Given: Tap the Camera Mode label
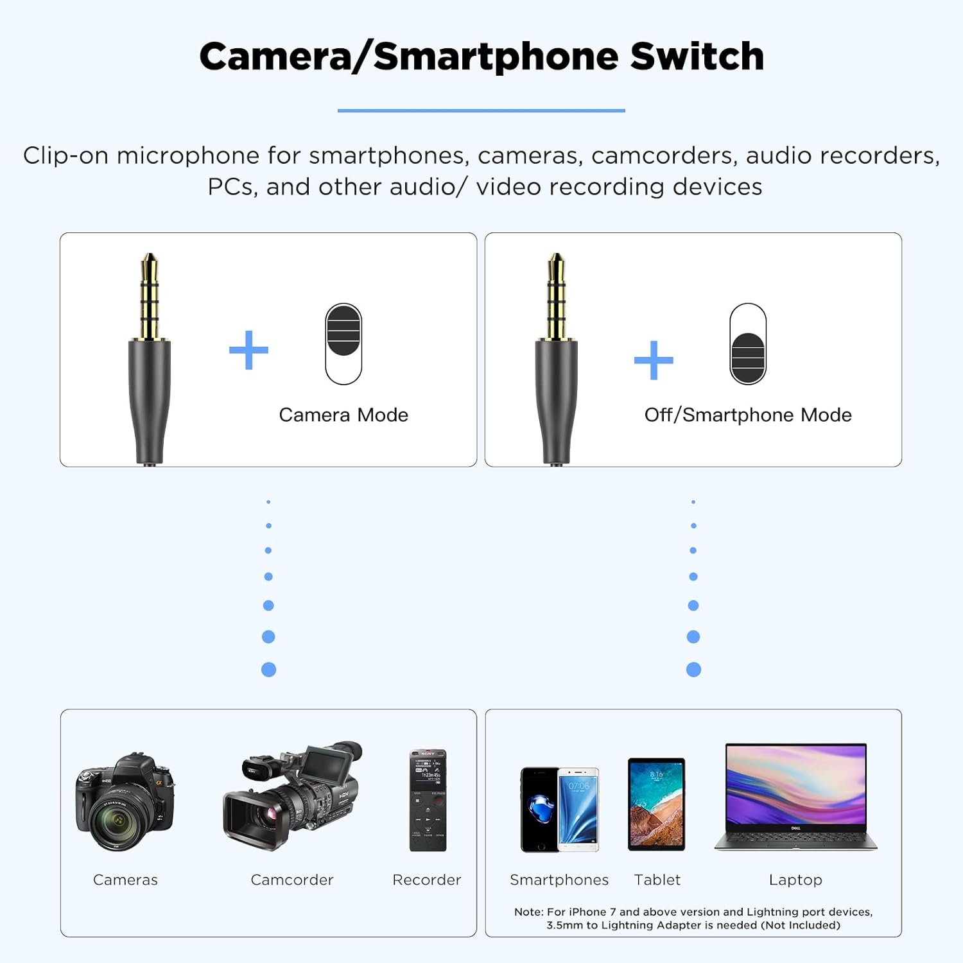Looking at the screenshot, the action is (x=343, y=415).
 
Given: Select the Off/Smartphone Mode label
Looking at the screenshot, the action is (x=748, y=415).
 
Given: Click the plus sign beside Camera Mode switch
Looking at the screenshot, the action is (x=248, y=350).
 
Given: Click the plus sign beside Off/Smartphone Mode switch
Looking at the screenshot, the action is (x=654, y=360).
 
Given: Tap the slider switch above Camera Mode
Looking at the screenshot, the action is (x=343, y=344).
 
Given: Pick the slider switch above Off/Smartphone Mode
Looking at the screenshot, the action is (x=748, y=344).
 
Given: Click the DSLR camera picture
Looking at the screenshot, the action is (x=125, y=802).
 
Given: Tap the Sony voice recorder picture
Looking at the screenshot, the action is (x=428, y=801).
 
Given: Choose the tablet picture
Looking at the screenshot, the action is (x=657, y=804).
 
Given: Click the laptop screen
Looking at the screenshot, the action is (x=796, y=787).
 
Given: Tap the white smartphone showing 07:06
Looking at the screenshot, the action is (x=578, y=810).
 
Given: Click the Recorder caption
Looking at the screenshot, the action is (x=427, y=880).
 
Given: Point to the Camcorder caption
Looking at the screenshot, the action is (x=292, y=880).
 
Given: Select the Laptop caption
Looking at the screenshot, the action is (x=795, y=880).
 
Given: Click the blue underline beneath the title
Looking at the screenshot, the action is (x=481, y=110).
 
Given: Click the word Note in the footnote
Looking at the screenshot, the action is (x=528, y=912).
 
